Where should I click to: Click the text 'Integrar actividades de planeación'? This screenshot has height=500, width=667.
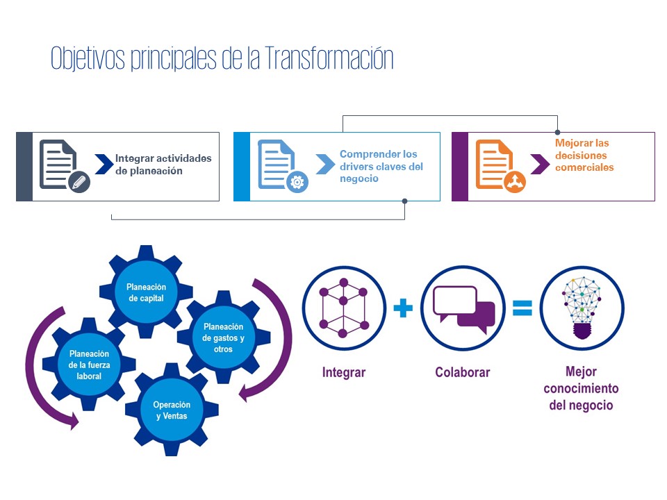click(163, 165)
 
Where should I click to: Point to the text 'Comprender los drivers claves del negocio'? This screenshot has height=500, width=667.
click(381, 166)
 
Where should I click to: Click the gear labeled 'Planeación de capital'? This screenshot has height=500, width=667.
click(146, 292)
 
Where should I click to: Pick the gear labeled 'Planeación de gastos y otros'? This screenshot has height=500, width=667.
click(223, 337)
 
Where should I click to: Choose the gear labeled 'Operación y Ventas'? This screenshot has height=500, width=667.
click(172, 410)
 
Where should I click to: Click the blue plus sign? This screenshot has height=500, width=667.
click(403, 308)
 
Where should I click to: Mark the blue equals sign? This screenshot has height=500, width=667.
click(522, 308)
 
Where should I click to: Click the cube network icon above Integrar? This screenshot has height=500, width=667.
click(343, 308)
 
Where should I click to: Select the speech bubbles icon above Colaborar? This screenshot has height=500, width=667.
click(463, 308)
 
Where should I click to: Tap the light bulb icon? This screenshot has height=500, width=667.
click(582, 308)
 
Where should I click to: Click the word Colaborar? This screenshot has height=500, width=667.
click(463, 372)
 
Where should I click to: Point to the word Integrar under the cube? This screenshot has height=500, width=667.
click(343, 372)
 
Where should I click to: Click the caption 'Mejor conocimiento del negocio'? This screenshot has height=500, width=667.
click(581, 389)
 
